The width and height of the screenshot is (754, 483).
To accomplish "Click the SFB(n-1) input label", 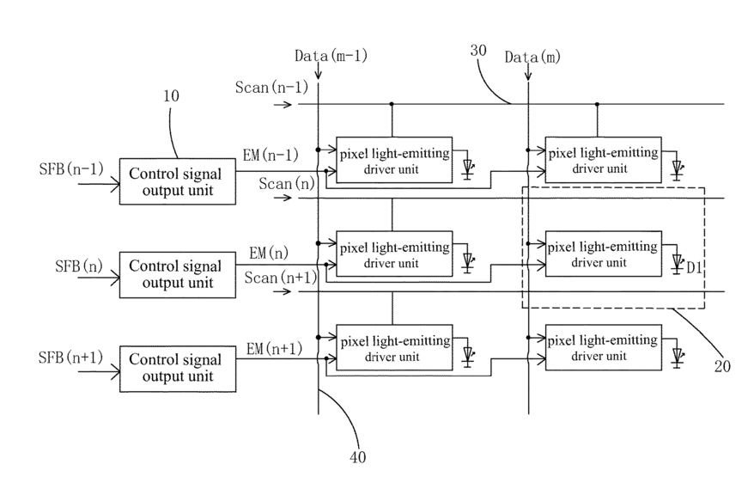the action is (71, 168).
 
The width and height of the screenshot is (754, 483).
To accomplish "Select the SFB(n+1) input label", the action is (70, 358).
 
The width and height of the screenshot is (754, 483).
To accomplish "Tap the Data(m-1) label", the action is (331, 56).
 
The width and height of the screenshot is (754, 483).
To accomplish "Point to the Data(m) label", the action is (532, 58).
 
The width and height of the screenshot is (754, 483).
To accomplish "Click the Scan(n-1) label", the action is (271, 88).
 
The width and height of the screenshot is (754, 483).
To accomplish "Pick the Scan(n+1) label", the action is (281, 278).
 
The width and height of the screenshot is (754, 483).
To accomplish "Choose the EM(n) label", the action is (268, 253).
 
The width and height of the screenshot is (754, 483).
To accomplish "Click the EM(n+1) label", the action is (274, 348).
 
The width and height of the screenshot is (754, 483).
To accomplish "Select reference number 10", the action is (171, 95).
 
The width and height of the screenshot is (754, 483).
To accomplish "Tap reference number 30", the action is (478, 51).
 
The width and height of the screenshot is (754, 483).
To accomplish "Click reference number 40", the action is (358, 457).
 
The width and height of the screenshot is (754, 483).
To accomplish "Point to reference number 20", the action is (722, 367).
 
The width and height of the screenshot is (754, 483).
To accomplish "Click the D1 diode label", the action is (694, 267).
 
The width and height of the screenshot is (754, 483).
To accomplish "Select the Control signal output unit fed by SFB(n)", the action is (178, 275).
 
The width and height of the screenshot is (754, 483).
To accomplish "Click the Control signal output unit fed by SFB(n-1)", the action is (178, 181).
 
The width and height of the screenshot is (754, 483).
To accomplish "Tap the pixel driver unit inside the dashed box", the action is (604, 254).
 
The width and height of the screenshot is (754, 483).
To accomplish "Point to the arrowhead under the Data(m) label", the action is (528, 76).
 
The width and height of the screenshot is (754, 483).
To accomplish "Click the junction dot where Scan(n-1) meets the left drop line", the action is (392, 104).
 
